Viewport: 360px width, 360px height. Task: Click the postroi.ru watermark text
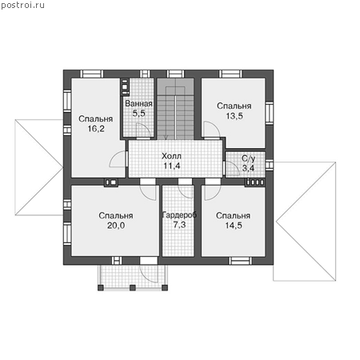[x=22, y=6]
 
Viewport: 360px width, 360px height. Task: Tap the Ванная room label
[x=138, y=103]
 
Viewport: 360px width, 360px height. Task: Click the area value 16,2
[x=96, y=129]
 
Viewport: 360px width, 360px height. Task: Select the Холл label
[x=171, y=156]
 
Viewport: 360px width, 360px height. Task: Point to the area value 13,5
[x=234, y=116]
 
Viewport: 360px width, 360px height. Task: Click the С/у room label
[x=249, y=158]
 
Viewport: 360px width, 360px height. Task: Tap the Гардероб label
[x=179, y=215]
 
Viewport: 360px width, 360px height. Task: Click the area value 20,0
[x=116, y=226]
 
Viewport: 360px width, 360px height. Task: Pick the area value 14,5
[x=234, y=226]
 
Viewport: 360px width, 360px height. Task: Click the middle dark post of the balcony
[x=133, y=288]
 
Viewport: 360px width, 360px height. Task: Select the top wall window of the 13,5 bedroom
[x=230, y=74]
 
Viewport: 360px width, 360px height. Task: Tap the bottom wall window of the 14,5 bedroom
[x=240, y=261]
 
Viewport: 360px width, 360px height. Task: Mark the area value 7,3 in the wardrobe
[x=179, y=225]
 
